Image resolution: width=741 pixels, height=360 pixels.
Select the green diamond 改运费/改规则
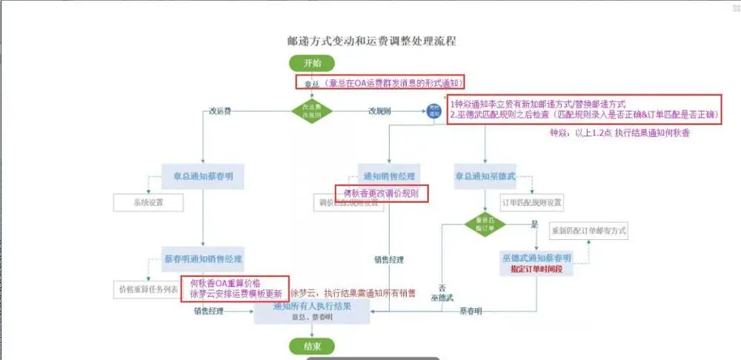pos(312,111)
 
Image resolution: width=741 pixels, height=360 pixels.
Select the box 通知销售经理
pos(388,176)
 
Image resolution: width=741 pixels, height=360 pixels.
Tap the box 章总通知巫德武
pos(485,176)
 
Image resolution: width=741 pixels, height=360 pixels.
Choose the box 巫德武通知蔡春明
pos(536,258)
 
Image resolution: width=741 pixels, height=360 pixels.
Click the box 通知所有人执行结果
pos(312,310)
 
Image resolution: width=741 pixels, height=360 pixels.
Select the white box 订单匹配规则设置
pos(532,202)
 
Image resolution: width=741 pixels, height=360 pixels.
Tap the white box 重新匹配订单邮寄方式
pos(588,231)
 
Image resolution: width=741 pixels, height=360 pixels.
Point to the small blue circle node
pos(432,111)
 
